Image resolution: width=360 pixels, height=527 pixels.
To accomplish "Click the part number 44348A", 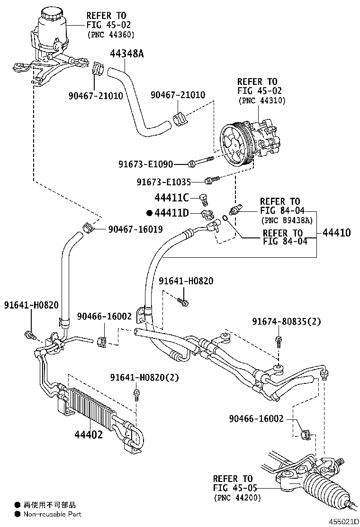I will click(x=126, y=54).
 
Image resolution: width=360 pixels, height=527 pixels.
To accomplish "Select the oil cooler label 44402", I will click(x=88, y=434).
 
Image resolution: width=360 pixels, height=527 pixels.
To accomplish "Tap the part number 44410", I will click(x=337, y=233).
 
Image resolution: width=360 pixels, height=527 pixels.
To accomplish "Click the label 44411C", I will click(x=171, y=197).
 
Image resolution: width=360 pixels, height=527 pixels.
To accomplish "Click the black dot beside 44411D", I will click(x=149, y=214).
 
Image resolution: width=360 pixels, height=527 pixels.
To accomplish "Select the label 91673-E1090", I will click(x=145, y=164).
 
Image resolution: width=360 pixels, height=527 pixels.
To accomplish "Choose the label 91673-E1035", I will click(x=164, y=182).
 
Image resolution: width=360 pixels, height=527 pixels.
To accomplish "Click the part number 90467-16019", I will click(x=135, y=229).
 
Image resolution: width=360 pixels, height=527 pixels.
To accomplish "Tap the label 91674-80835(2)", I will click(x=286, y=322).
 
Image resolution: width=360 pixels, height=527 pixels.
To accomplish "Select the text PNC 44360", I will click(x=111, y=35).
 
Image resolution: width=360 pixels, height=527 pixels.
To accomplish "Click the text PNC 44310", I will click(x=261, y=100).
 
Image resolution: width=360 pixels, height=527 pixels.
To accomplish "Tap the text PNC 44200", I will click(x=237, y=498).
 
